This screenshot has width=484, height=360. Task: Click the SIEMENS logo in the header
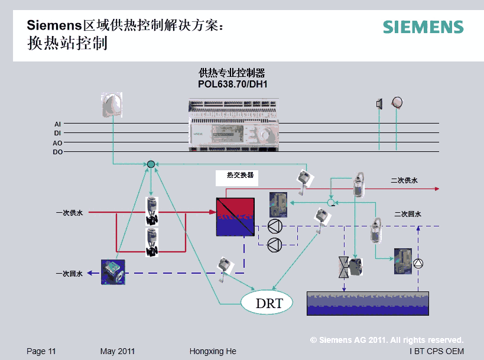pyautogui.click(x=423, y=27)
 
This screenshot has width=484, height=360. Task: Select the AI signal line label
pyautogui.click(x=57, y=124)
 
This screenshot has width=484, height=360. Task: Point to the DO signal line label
pyautogui.click(x=57, y=152)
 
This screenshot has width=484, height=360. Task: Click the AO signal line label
pyautogui.click(x=57, y=143)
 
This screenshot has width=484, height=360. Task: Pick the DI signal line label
pyautogui.click(x=57, y=134)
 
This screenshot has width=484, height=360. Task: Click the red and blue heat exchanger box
pyautogui.click(x=235, y=216)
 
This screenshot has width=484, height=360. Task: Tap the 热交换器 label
pyautogui.click(x=240, y=176)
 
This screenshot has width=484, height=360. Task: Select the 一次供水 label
pyautogui.click(x=70, y=213)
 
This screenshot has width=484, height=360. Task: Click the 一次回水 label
pyautogui.click(x=70, y=274)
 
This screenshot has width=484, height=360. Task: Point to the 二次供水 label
pyautogui.click(x=404, y=180)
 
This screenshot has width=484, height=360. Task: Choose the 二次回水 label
pyautogui.click(x=408, y=215)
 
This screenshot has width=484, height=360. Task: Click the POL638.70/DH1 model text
pyautogui.click(x=233, y=84)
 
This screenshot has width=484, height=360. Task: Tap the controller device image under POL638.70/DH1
pyautogui.click(x=233, y=125)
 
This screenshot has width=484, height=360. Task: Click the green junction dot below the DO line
pyautogui.click(x=151, y=164)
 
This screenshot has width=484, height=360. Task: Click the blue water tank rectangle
pyautogui.click(x=368, y=303)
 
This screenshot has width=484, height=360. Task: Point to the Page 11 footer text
pyautogui.click(x=41, y=351)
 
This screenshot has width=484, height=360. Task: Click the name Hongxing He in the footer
pyautogui.click(x=213, y=351)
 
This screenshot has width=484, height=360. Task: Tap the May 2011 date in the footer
pyautogui.click(x=118, y=351)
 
